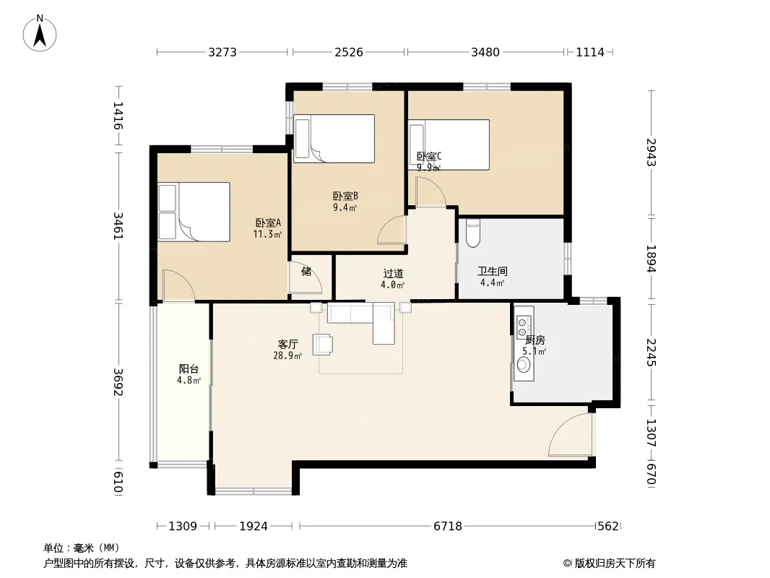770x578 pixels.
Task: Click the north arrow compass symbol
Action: point(40,33)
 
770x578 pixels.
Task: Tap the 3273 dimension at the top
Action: point(222,52)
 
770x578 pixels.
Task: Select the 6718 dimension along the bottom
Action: point(448,527)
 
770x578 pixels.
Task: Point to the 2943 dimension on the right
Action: point(651,152)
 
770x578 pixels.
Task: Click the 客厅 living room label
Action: point(287,344)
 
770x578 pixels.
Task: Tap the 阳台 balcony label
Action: point(189,368)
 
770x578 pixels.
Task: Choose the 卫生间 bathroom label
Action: point(493,271)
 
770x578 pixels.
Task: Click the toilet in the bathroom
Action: point(473,233)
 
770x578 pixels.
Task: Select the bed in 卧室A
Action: point(194,212)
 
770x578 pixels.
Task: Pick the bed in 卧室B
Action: point(334,139)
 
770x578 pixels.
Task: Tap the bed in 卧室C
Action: point(449,144)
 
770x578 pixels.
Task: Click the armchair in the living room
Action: point(323,344)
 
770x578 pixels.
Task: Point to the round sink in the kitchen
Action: point(524,365)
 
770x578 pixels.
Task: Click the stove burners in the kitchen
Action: point(524,323)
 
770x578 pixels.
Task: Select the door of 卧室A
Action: point(178,285)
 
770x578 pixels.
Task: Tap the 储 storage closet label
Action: point(306,271)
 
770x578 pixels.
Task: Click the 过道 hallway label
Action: point(394,274)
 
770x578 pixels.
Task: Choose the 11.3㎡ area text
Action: point(267,234)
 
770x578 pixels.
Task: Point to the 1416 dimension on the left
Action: point(118,116)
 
